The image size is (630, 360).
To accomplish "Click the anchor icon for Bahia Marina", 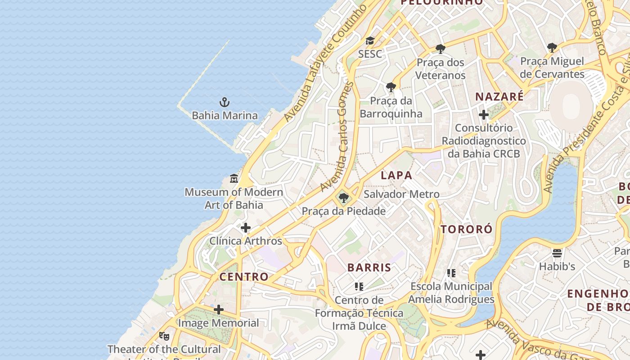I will pyautogui.click(x=224, y=102).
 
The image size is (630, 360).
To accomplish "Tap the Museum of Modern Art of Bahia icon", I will pyautogui.click(x=234, y=179).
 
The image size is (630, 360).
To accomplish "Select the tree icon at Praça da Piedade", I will pyautogui.click(x=344, y=198).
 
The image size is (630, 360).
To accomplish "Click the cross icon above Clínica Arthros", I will pyautogui.click(x=245, y=228).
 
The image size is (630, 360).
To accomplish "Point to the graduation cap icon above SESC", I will pyautogui.click(x=370, y=41).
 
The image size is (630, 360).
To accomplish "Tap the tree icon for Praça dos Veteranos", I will pyautogui.click(x=441, y=49).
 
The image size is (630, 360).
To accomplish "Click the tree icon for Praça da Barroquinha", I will pyautogui.click(x=391, y=87).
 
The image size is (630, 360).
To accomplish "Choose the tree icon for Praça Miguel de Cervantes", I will pyautogui.click(x=552, y=47).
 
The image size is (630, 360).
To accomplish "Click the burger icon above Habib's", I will pyautogui.click(x=557, y=253).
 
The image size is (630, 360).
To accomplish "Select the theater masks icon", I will pyautogui.click(x=164, y=336).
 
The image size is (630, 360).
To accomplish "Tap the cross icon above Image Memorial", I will pyautogui.click(x=219, y=310).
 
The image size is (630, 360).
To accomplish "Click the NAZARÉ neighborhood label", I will pyautogui.click(x=499, y=97).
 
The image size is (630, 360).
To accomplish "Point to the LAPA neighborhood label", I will pyautogui.click(x=396, y=175).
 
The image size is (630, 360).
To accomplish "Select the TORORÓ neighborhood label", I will pyautogui.click(x=466, y=229).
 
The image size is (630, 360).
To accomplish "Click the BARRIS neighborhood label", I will pyautogui.click(x=369, y=267).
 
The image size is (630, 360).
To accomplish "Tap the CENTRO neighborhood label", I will pyautogui.click(x=244, y=276).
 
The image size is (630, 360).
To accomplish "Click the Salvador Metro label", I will pyautogui.click(x=401, y=194).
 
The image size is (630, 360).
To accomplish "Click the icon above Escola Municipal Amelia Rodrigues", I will pyautogui.click(x=451, y=273).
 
